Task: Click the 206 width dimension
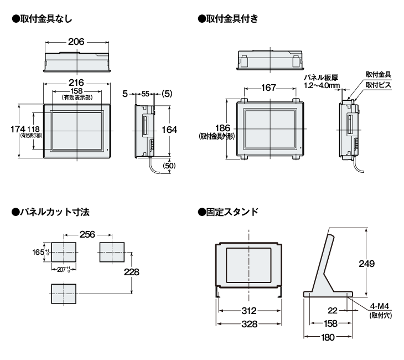(x=77, y=42)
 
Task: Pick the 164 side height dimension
(x=168, y=129)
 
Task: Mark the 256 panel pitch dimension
(x=89, y=234)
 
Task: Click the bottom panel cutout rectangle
(x=65, y=293)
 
